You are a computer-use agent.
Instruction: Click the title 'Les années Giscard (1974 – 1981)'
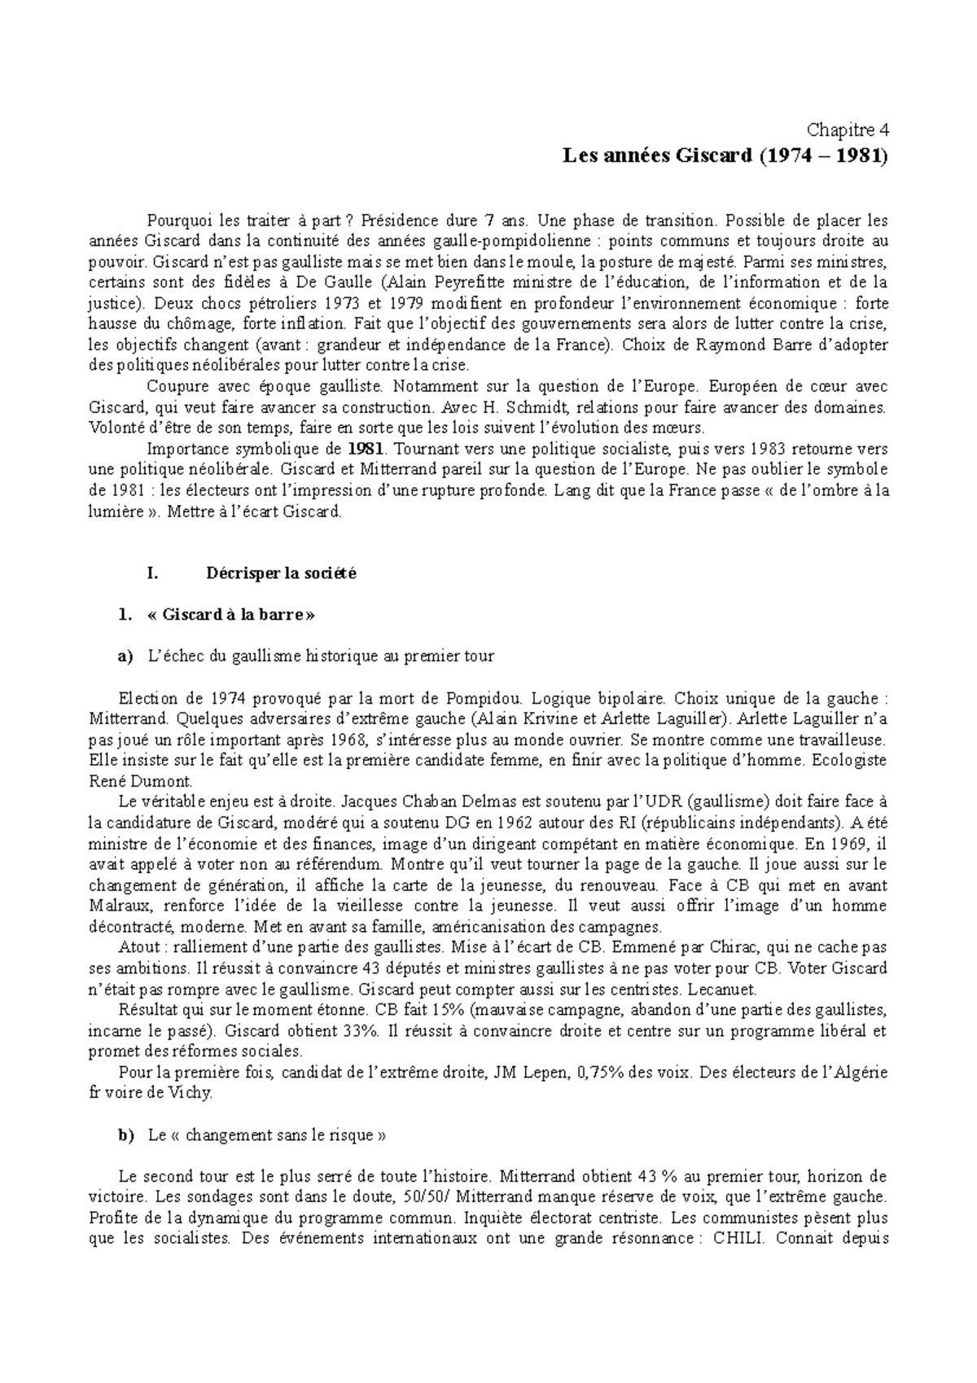point(725,156)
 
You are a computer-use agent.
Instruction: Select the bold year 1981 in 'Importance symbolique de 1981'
point(361,449)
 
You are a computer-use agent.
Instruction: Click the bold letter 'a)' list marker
point(125,656)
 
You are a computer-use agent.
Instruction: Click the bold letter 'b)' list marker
point(125,1135)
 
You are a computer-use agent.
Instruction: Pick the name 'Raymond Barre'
point(737,345)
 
